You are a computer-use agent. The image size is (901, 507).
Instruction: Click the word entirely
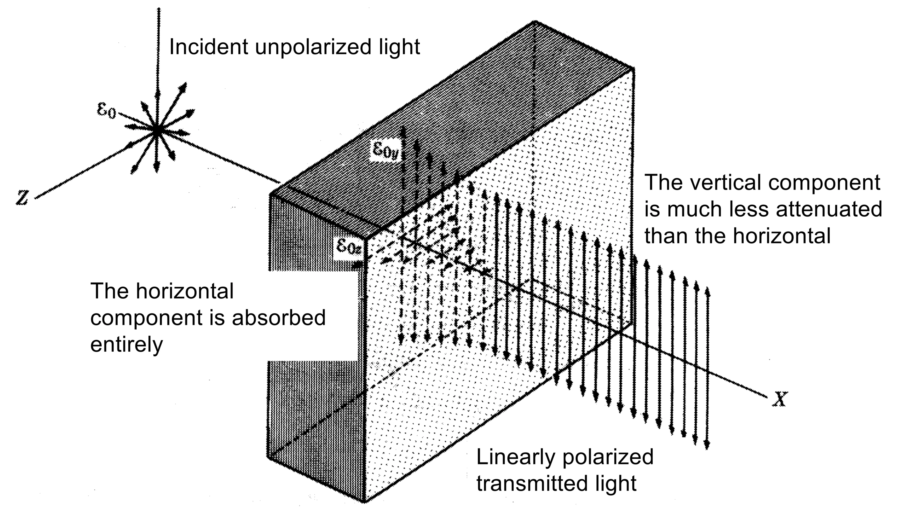coord(127,345)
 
